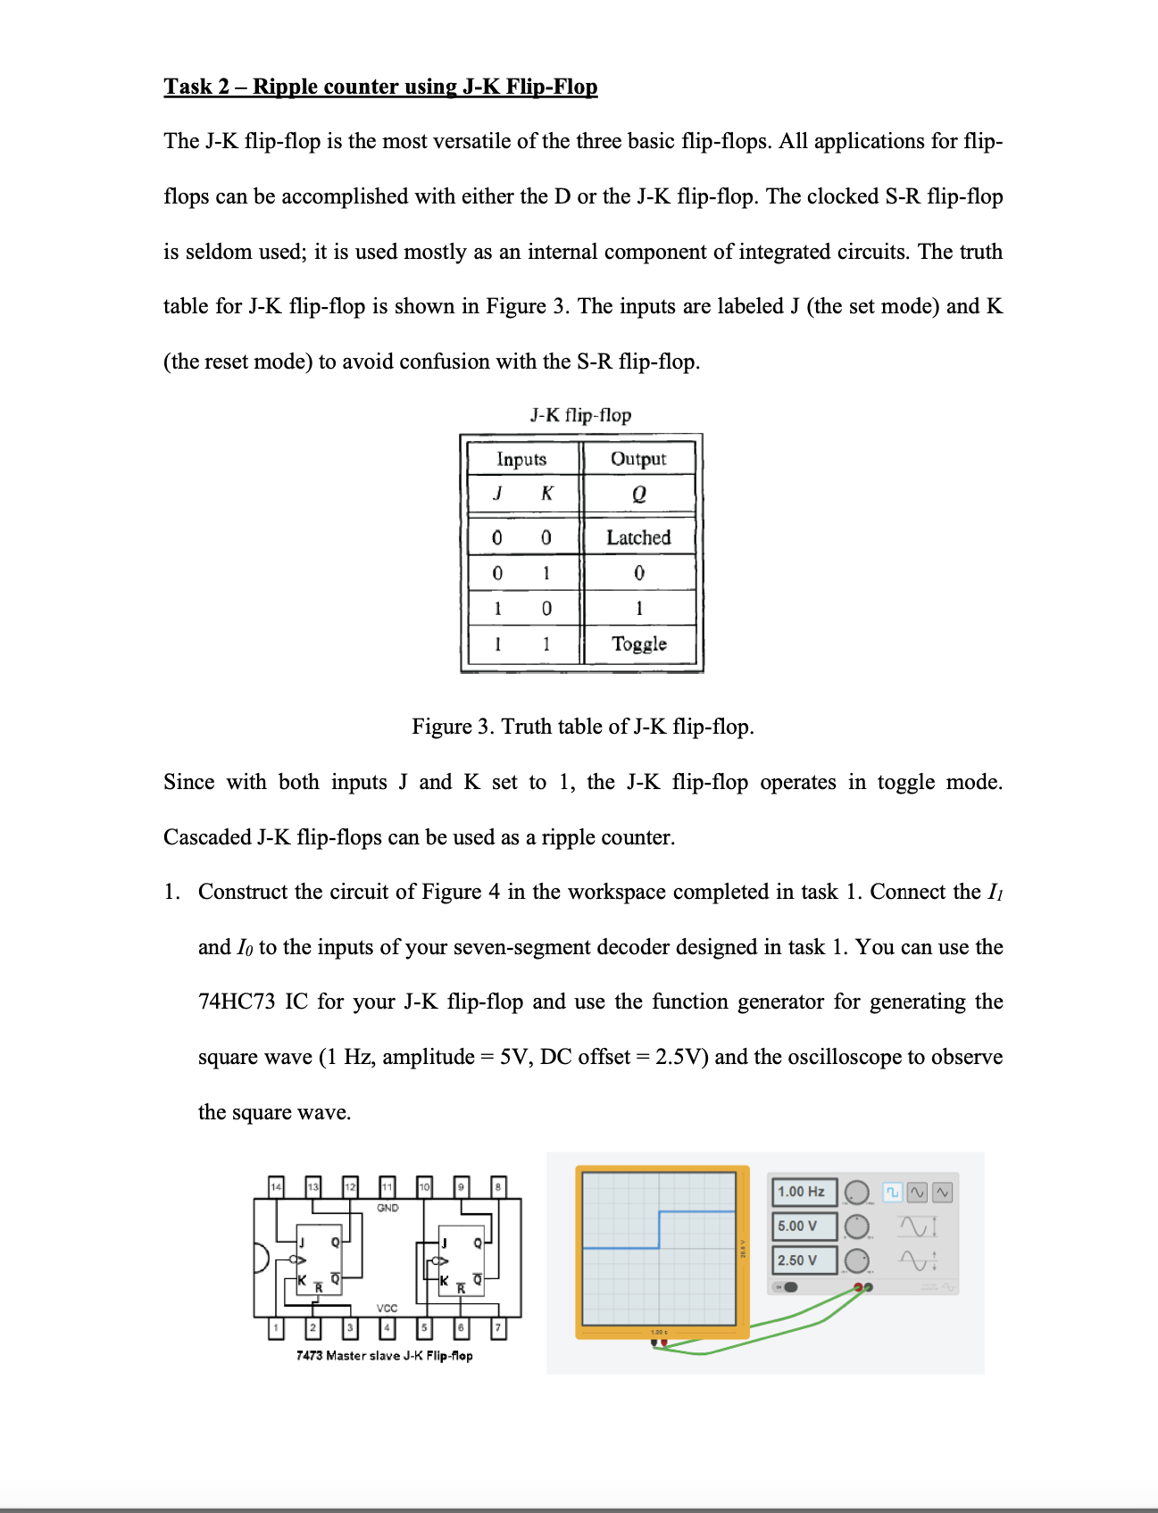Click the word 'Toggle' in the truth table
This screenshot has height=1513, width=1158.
pyautogui.click(x=638, y=644)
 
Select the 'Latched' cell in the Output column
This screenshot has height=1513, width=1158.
pyautogui.click(x=638, y=537)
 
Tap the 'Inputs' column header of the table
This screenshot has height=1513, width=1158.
pyautogui.click(x=521, y=459)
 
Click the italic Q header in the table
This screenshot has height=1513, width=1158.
pyautogui.click(x=638, y=494)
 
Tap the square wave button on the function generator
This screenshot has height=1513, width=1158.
pyautogui.click(x=892, y=1192)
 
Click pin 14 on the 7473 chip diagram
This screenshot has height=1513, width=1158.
pyautogui.click(x=276, y=1186)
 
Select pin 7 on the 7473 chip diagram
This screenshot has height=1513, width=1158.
pyautogui.click(x=499, y=1329)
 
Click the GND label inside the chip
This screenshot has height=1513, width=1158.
pyautogui.click(x=387, y=1208)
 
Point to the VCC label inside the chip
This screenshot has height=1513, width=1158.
pyautogui.click(x=387, y=1308)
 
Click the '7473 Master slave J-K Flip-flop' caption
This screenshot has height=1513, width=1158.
pyautogui.click(x=384, y=1355)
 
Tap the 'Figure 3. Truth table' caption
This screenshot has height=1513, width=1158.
pyautogui.click(x=582, y=727)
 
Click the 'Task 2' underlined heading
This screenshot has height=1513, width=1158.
pyautogui.click(x=380, y=87)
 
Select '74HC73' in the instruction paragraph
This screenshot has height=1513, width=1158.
pyautogui.click(x=237, y=1002)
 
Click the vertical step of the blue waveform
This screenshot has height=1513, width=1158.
pyautogui.click(x=659, y=1230)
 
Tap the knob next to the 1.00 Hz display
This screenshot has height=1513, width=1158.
pyautogui.click(x=857, y=1193)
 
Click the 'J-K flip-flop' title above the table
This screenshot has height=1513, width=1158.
pyautogui.click(x=580, y=415)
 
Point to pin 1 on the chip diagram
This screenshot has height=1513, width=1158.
pyautogui.click(x=276, y=1329)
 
